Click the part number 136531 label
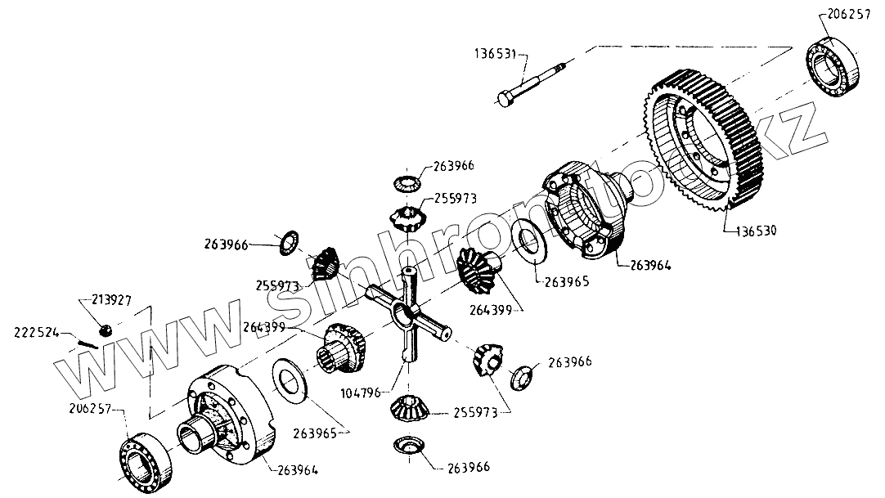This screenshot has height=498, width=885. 494,55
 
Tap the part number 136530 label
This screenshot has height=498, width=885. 750,231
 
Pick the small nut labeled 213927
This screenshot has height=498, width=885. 105,330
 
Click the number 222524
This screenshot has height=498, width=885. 36,332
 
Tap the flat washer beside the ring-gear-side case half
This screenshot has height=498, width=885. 528,245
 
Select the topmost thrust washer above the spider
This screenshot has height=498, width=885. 407,182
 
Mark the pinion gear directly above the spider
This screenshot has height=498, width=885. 408,218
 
